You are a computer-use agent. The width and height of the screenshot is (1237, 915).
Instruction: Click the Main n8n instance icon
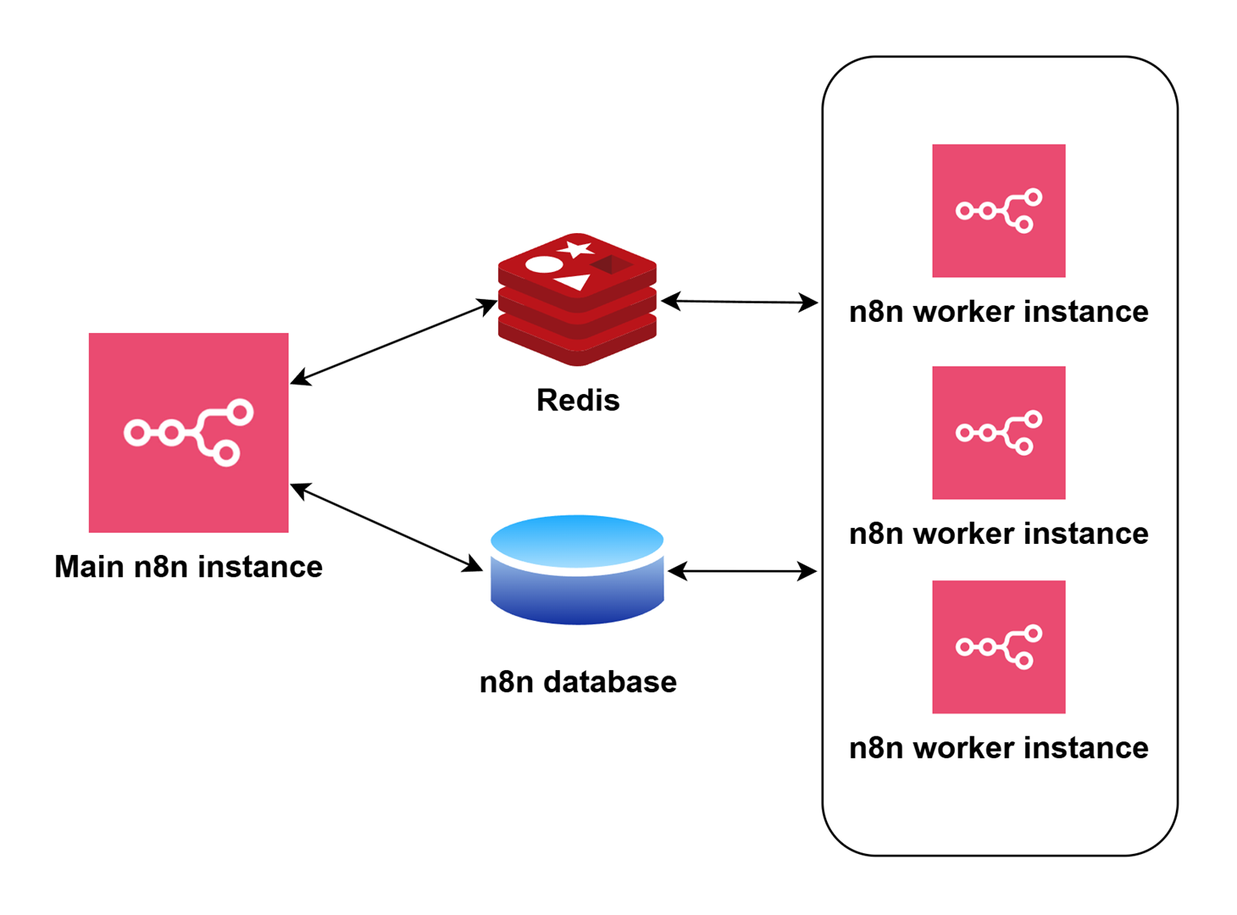pyautogui.click(x=188, y=432)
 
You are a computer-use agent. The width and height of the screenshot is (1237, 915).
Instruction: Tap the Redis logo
pyautogui.click(x=577, y=299)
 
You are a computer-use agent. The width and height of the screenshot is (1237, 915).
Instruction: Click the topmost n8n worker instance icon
pyautogui.click(x=998, y=210)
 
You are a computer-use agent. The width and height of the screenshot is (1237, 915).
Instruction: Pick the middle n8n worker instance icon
pyautogui.click(x=998, y=432)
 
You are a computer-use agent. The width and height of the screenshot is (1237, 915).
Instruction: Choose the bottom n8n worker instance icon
pyautogui.click(x=998, y=646)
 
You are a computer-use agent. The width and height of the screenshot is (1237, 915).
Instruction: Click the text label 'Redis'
pyautogui.click(x=578, y=400)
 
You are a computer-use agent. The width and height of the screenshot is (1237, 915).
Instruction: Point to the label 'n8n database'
pyautogui.click(x=578, y=682)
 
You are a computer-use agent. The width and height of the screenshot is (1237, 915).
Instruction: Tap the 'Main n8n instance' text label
pyautogui.click(x=188, y=567)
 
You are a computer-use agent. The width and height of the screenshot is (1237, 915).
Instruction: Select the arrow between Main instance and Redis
pyautogui.click(x=393, y=342)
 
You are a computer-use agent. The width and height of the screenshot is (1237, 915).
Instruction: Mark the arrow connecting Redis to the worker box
pyautogui.click(x=739, y=302)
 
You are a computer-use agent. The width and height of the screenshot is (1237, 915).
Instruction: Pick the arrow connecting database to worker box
pyautogui.click(x=742, y=572)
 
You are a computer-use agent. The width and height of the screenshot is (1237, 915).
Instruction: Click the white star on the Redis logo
pyautogui.click(x=577, y=249)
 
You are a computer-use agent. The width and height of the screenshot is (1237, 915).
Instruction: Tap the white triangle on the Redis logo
pyautogui.click(x=574, y=282)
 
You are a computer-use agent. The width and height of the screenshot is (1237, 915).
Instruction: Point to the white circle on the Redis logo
pyautogui.click(x=544, y=264)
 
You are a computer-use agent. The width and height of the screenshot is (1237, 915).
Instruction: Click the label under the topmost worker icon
pyautogui.click(x=998, y=312)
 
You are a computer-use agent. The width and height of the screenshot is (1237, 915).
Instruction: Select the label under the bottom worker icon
pyautogui.click(x=998, y=748)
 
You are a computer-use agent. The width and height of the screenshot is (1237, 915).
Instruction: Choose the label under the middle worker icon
pyautogui.click(x=998, y=534)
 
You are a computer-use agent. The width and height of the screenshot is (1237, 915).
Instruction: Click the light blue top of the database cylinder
pyautogui.click(x=577, y=539)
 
